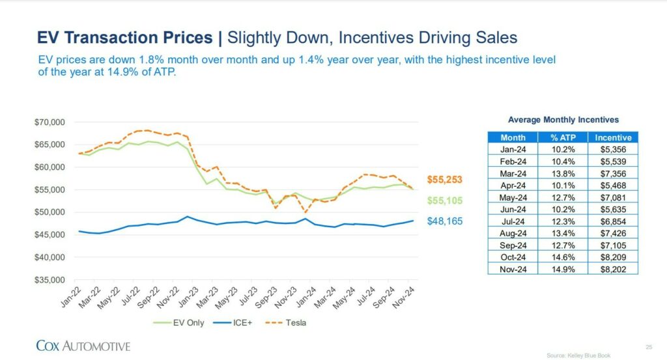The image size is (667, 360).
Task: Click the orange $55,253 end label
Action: tap(445, 180)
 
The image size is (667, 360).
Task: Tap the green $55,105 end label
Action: tap(445, 201)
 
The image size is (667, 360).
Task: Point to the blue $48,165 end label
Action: tap(445, 221)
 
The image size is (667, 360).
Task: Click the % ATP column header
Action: tap(563, 137)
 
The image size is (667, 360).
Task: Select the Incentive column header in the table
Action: tap(613, 137)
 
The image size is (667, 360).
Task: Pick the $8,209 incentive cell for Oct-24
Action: tap(613, 257)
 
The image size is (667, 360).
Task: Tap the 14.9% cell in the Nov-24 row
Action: tap(563, 268)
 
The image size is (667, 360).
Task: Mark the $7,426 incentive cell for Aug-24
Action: tap(613, 232)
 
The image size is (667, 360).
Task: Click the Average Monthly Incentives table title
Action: tap(563, 120)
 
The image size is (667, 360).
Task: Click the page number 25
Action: tap(648, 346)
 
